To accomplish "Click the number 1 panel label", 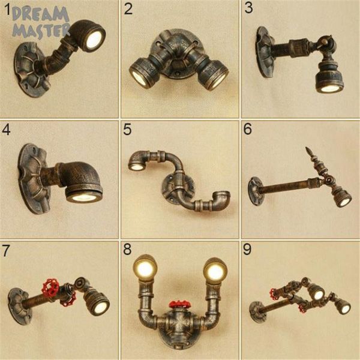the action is click(x=8, y=9).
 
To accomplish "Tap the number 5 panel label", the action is click(x=127, y=129).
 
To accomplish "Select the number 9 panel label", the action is click(x=247, y=250).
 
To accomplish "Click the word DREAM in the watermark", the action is click(x=40, y=14).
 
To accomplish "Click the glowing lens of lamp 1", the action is click(x=94, y=40).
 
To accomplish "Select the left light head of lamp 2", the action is click(x=143, y=71).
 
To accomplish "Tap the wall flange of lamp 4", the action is click(x=33, y=179).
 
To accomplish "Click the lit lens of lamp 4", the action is click(x=83, y=197).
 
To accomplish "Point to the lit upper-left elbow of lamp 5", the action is click(x=137, y=161).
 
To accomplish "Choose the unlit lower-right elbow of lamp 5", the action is click(x=222, y=199).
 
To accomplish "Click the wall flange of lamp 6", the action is click(x=255, y=191).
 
